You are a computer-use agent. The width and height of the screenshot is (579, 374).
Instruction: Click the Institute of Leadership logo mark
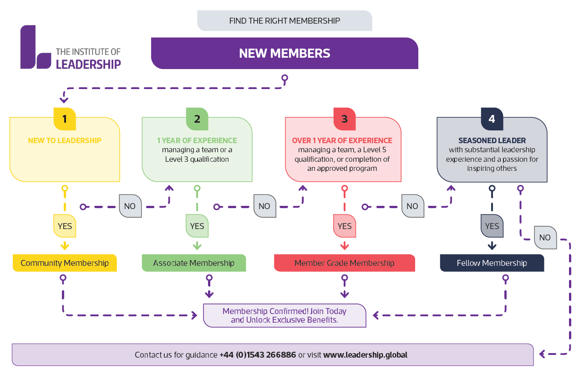[36, 48]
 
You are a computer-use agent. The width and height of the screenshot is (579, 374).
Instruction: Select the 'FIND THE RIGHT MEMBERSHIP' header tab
[284, 21]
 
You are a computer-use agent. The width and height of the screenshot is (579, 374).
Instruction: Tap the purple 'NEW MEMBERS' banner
[284, 53]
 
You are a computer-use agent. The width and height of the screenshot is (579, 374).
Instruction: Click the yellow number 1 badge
[65, 119]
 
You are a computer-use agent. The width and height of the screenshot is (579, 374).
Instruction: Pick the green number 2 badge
[197, 119]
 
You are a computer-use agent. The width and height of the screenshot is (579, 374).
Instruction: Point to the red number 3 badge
[345, 119]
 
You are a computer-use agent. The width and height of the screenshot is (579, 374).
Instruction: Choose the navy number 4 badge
[492, 119]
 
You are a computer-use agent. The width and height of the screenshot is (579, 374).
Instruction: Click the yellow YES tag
[65, 226]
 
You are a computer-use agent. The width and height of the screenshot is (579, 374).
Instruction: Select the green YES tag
[197, 226]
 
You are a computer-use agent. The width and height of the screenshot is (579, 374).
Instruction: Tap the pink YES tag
[345, 226]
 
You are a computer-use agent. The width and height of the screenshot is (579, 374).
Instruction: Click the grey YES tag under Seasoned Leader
[492, 226]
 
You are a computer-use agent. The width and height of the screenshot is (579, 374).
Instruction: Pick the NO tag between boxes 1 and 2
[130, 206]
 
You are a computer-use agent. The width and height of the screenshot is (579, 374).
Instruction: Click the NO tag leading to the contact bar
[545, 238]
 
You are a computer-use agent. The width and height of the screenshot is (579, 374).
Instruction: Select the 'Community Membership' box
[65, 263]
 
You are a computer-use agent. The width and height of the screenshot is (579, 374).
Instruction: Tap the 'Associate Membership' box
[194, 263]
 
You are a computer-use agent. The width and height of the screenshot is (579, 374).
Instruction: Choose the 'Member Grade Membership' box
[345, 263]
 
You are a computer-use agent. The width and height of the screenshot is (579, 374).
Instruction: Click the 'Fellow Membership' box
[492, 263]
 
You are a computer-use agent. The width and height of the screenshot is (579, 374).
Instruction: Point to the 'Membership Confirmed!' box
[284, 315]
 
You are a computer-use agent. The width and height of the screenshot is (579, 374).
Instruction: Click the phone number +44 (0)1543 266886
[258, 355]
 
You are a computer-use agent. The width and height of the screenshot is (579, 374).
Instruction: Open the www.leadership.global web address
[365, 355]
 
